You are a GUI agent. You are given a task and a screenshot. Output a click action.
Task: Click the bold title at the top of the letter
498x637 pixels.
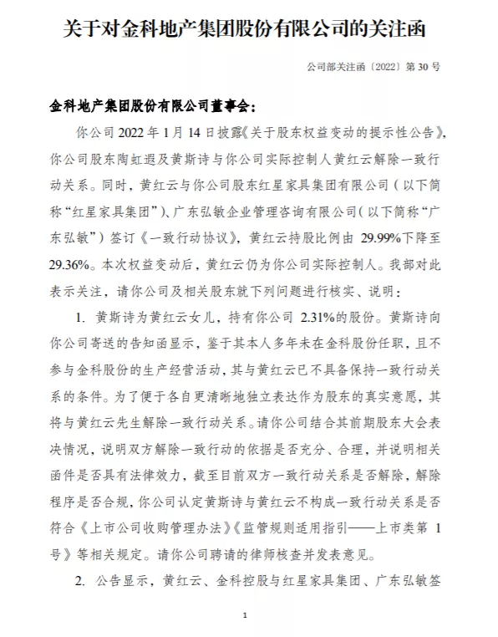click(x=249, y=30)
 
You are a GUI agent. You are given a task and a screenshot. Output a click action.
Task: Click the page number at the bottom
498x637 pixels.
click(x=246, y=616)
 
